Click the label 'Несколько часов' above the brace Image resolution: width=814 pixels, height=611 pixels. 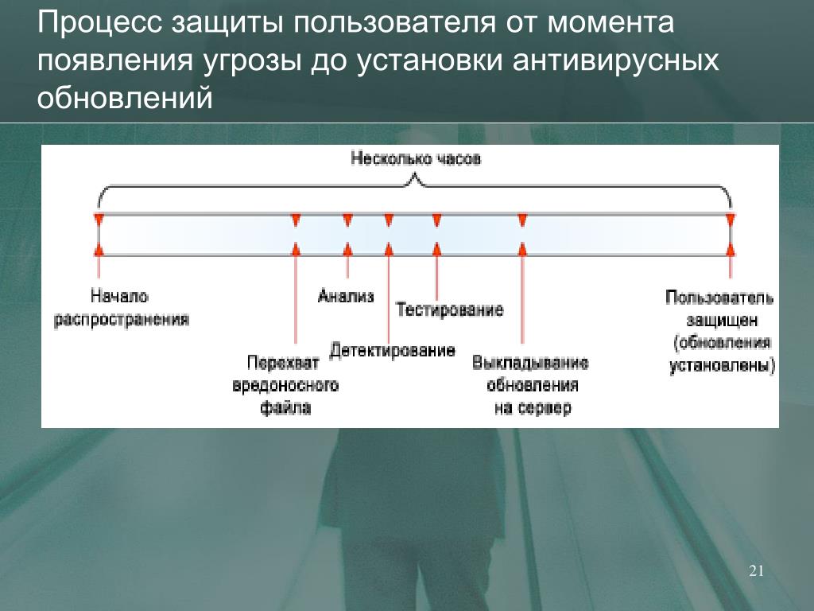[x=416, y=159]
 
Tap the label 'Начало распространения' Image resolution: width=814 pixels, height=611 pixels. [x=122, y=308]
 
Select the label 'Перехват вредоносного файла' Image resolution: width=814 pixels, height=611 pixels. [x=285, y=385]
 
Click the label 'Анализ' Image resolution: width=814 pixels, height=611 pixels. [x=346, y=297]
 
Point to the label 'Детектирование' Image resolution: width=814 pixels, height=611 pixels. [x=393, y=351]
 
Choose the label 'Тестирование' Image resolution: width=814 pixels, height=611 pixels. [x=450, y=309]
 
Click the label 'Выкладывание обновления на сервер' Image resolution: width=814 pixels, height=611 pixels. [x=530, y=385]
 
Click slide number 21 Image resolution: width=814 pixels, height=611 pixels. [x=756, y=571]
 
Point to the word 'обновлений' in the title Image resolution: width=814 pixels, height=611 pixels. [x=126, y=99]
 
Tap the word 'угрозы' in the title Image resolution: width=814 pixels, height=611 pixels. [x=255, y=62]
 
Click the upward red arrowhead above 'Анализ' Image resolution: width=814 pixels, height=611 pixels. [x=347, y=249]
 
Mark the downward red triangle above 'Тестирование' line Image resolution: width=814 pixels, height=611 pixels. [x=436, y=220]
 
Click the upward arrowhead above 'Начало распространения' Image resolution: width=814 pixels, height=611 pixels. [x=99, y=249]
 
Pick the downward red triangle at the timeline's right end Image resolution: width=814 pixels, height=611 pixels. [x=731, y=220]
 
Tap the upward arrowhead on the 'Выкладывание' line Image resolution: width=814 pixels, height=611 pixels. [x=522, y=249]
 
